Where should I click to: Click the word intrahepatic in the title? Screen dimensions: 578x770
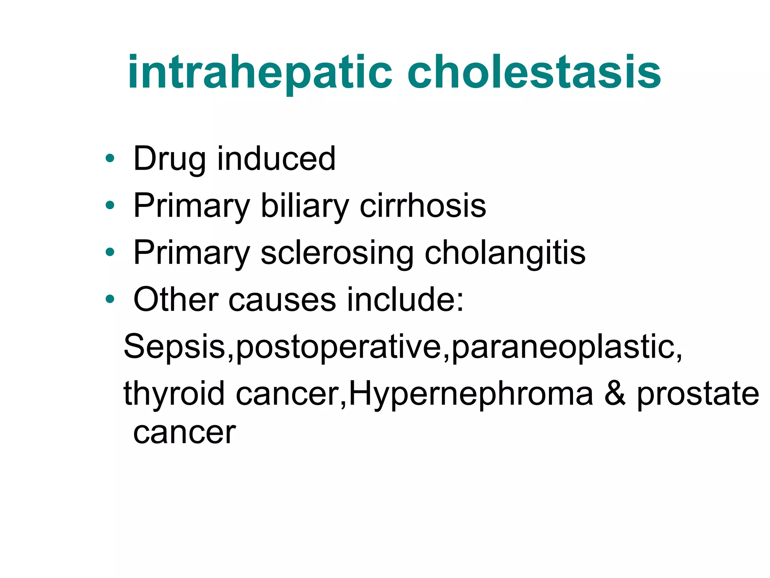coord(259,73)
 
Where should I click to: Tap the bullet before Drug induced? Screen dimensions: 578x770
coord(110,158)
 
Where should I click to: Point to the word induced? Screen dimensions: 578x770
coord(276,159)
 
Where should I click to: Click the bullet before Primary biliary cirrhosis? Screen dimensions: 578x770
coord(110,205)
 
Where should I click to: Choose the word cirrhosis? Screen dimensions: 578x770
coord(423,205)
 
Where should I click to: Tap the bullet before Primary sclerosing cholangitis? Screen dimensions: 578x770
coord(110,252)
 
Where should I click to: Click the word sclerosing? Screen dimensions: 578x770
coord(337,253)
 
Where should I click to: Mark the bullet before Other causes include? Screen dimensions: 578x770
coord(110,299)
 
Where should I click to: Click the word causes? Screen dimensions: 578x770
coord(282,300)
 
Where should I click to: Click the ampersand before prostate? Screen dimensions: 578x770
coord(615,393)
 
